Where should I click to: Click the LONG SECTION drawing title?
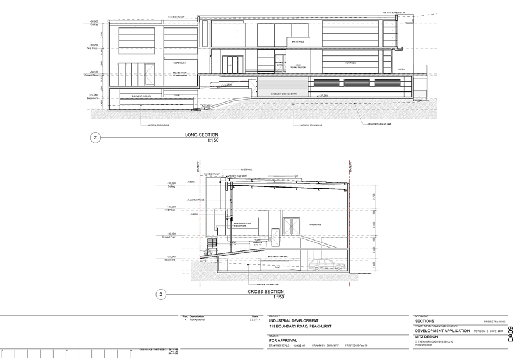201,135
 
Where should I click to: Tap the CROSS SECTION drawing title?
266,291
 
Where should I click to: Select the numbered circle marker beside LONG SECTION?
95,138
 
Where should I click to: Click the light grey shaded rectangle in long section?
281,88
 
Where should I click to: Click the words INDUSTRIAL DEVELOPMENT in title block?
293,321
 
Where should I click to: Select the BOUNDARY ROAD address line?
300,327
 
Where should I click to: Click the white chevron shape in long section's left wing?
150,72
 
